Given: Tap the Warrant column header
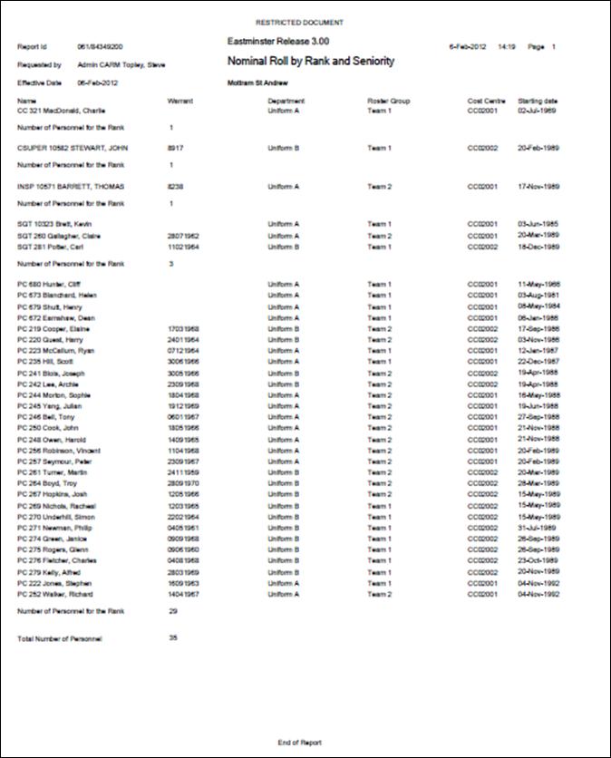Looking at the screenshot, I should point(180,101).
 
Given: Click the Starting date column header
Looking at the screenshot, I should point(538,101).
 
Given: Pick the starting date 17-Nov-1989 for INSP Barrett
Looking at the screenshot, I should point(538,186).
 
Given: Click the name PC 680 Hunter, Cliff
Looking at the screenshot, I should point(48,284).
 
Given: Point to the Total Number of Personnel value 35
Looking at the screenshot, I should point(173,638).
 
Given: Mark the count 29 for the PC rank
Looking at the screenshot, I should point(172,612).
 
